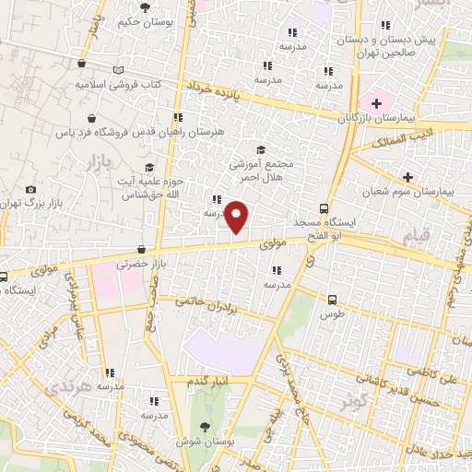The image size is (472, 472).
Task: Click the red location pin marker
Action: (238, 218)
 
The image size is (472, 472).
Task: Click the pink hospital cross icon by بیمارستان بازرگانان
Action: (375, 100)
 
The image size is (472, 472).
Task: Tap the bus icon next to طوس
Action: (333, 300)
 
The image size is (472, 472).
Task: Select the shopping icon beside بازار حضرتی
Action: (140, 249)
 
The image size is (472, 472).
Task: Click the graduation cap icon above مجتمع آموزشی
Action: (261, 150)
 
